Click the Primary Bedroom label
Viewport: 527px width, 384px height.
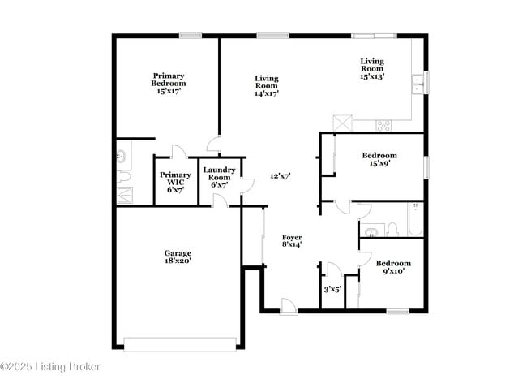[x=169, y=83]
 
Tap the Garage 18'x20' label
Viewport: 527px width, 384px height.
[x=178, y=257]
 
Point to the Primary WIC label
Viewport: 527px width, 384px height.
[x=175, y=182]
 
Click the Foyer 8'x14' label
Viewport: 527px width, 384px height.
[x=292, y=241]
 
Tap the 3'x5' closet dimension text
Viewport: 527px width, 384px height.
[x=332, y=289]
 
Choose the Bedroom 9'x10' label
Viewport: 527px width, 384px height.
[x=393, y=267]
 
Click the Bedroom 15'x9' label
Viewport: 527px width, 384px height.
[x=379, y=159]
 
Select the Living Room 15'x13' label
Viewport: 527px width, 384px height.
[x=372, y=69]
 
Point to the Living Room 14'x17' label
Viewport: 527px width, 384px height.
[x=267, y=86]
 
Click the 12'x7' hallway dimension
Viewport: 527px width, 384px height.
[x=281, y=175]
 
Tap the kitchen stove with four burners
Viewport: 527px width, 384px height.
[x=383, y=125]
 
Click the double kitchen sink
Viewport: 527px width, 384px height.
[x=418, y=84]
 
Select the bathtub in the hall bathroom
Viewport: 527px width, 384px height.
[x=415, y=219]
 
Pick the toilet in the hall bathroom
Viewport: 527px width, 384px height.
[x=392, y=230]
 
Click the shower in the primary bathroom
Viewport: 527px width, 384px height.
[x=124, y=195]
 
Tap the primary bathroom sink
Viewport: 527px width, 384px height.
[x=121, y=157]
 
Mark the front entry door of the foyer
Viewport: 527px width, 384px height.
[x=289, y=306]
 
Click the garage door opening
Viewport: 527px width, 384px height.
[x=180, y=344]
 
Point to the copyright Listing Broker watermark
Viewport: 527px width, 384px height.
[x=50, y=366]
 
